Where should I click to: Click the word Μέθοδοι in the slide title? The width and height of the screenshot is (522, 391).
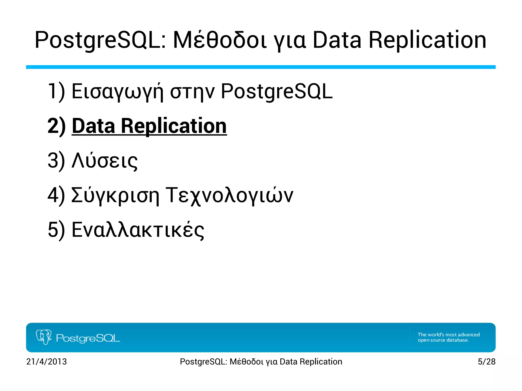[x=220, y=40]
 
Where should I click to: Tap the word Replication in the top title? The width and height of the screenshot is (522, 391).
[x=427, y=40]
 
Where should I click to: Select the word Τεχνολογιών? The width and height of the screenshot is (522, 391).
[x=229, y=195]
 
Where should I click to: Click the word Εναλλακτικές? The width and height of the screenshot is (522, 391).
[x=138, y=230]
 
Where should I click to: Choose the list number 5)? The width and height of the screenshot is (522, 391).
[x=56, y=230]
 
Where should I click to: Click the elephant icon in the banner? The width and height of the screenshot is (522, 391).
[x=44, y=337]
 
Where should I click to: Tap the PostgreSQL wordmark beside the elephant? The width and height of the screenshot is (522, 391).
[x=88, y=338]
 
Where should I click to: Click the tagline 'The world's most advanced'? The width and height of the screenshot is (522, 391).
[x=449, y=334]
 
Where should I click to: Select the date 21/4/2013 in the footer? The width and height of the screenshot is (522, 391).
[x=46, y=361]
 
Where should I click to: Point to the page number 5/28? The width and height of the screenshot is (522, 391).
[x=486, y=361]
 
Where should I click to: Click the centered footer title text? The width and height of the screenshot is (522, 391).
[x=261, y=361]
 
